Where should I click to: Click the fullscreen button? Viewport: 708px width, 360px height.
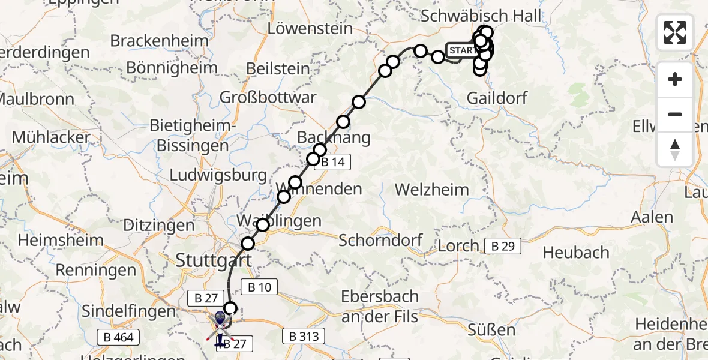675,32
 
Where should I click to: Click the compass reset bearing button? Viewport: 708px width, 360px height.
675,149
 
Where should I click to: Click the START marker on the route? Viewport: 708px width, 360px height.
461,50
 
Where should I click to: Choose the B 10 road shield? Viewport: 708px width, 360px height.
259,287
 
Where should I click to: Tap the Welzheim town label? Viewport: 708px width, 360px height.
432,190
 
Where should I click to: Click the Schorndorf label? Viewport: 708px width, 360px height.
381,241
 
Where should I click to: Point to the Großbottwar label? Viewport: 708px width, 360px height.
268,97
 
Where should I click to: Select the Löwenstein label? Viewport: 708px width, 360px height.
306,28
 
